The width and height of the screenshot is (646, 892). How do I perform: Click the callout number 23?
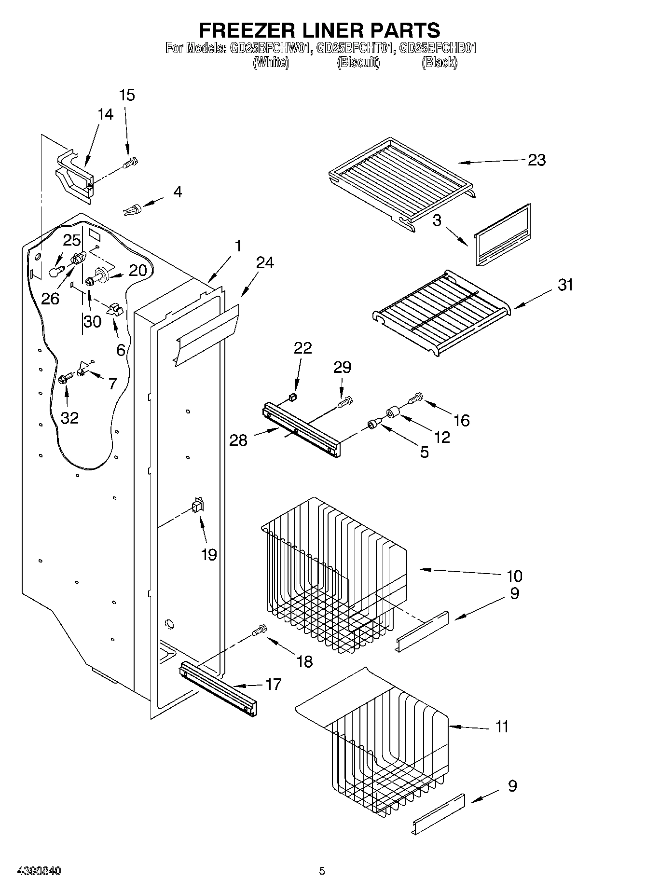536,160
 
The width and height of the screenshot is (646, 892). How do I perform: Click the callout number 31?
565,285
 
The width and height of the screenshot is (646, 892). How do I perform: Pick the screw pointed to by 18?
259,630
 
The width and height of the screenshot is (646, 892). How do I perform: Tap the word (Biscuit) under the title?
358,62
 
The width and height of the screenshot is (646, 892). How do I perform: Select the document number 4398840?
39,871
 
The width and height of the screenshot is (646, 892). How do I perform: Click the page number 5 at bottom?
322,871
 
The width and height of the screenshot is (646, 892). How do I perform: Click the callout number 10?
514,576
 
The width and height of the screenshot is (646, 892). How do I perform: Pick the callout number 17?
273,684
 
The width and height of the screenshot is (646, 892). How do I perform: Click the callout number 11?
502,727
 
